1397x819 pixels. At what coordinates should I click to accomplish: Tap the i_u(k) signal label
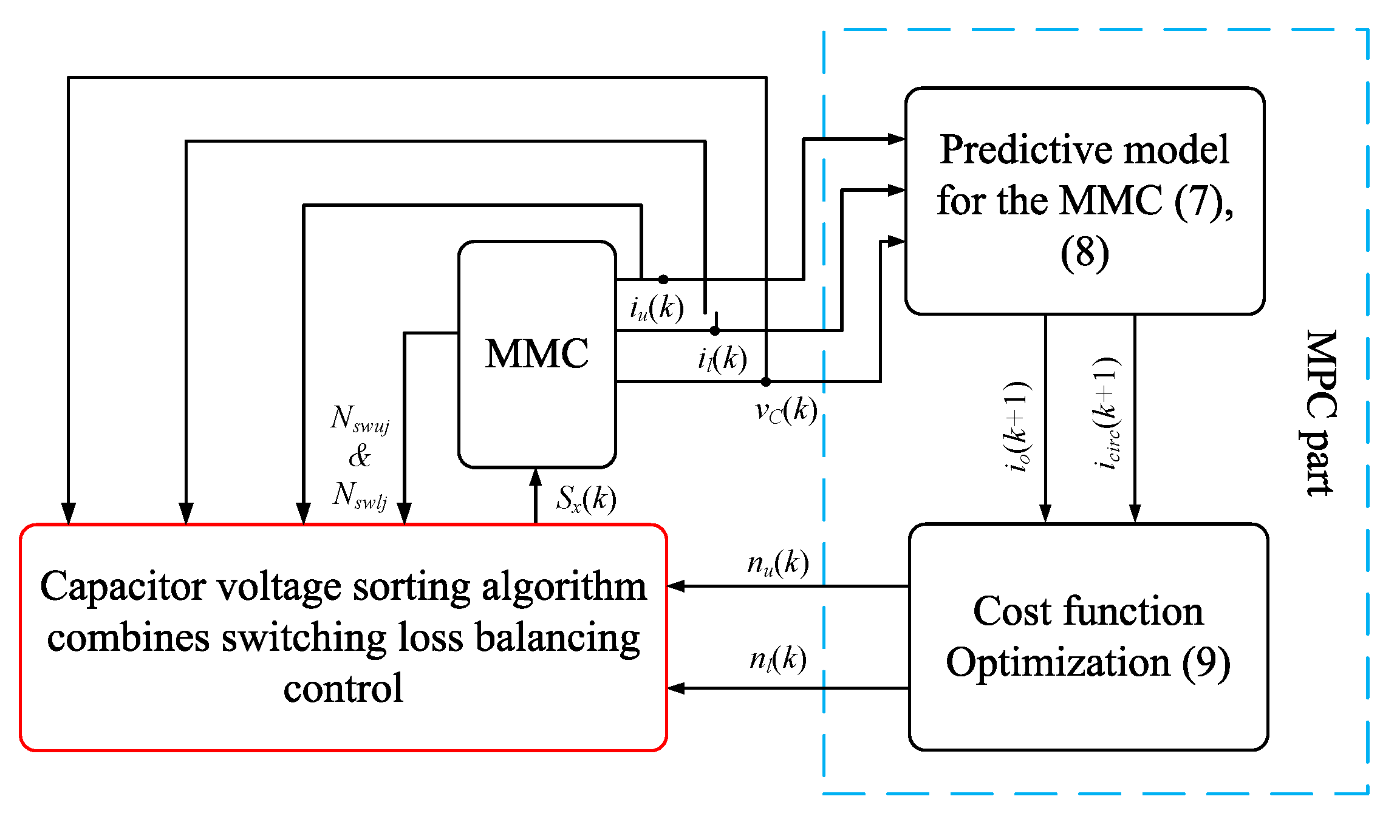(x=657, y=308)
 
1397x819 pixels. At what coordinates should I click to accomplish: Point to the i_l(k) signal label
(x=722, y=359)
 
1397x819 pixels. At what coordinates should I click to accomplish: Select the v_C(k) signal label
(x=786, y=411)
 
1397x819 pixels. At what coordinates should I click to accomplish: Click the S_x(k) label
(x=586, y=499)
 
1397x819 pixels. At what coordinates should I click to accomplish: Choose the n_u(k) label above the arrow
(x=778, y=563)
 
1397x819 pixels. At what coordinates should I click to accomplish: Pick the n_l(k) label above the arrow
(x=778, y=659)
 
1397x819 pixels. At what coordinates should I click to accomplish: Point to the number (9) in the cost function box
(x=1206, y=663)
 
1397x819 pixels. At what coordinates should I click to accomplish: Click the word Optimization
(x=1057, y=663)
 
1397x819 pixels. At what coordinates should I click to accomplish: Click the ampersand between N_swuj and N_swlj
(x=360, y=457)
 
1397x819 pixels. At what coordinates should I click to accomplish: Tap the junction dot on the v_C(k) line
(x=766, y=382)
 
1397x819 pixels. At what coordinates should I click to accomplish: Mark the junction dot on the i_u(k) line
(x=663, y=279)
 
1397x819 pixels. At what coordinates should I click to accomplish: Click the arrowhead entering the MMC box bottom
(x=536, y=478)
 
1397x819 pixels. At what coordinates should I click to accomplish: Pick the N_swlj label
(x=360, y=495)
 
